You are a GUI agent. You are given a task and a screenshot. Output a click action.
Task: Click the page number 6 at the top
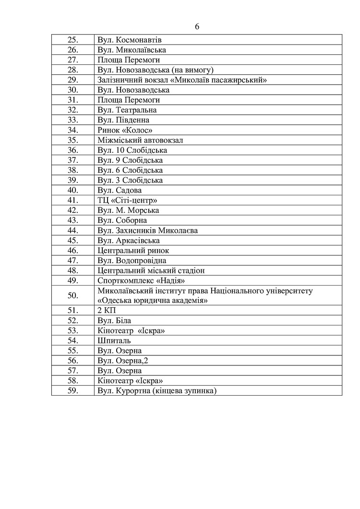click(x=197, y=27)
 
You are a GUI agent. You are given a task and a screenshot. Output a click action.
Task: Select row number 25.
click(x=73, y=40)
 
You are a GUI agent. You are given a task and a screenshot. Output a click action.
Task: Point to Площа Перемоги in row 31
click(x=128, y=100)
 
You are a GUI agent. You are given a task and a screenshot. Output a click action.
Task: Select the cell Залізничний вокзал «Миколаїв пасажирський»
click(x=182, y=80)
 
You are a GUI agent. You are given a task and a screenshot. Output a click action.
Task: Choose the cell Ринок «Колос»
click(x=128, y=130)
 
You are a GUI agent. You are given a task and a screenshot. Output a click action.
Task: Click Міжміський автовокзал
click(x=140, y=140)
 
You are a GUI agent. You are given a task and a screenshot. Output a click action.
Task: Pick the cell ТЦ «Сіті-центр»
click(x=127, y=200)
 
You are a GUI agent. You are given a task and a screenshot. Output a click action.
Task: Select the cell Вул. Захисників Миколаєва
click(x=147, y=230)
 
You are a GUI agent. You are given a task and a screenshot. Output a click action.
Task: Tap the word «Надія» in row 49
click(x=168, y=280)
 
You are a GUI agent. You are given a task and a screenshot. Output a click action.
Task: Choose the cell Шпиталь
click(x=114, y=340)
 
